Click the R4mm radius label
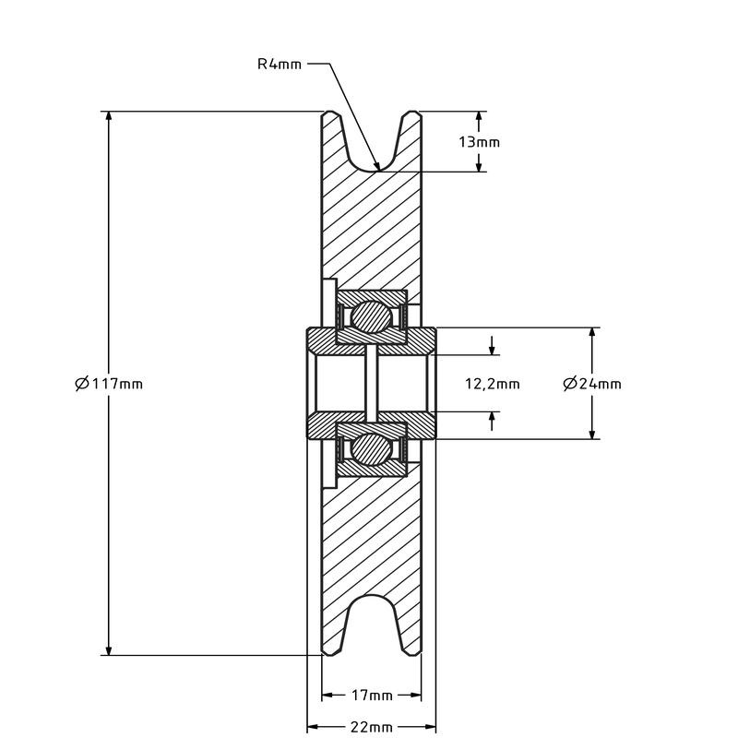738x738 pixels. pos(279,65)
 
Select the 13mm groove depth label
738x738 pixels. pos(479,142)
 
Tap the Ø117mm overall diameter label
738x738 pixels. pos(109,383)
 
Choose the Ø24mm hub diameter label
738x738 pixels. pos(591,384)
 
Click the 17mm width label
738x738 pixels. pos(373,696)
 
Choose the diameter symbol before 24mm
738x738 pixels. pos(569,384)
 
